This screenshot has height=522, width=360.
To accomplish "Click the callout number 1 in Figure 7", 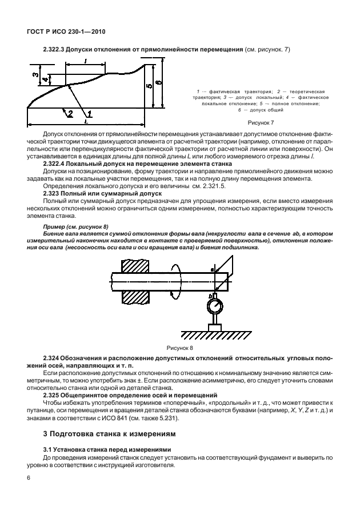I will pos(89,114).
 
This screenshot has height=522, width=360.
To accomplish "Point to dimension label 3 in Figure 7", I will pos(34,74).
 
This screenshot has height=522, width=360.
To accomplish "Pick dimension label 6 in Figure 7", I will pos(158,83).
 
